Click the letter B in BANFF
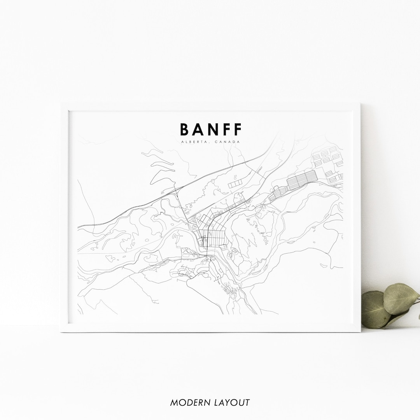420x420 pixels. click(x=185, y=129)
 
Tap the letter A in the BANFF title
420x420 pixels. click(x=199, y=129)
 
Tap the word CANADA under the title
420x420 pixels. click(x=229, y=142)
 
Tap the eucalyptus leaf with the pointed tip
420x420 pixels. click(x=401, y=297)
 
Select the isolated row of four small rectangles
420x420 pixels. click(x=235, y=184)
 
